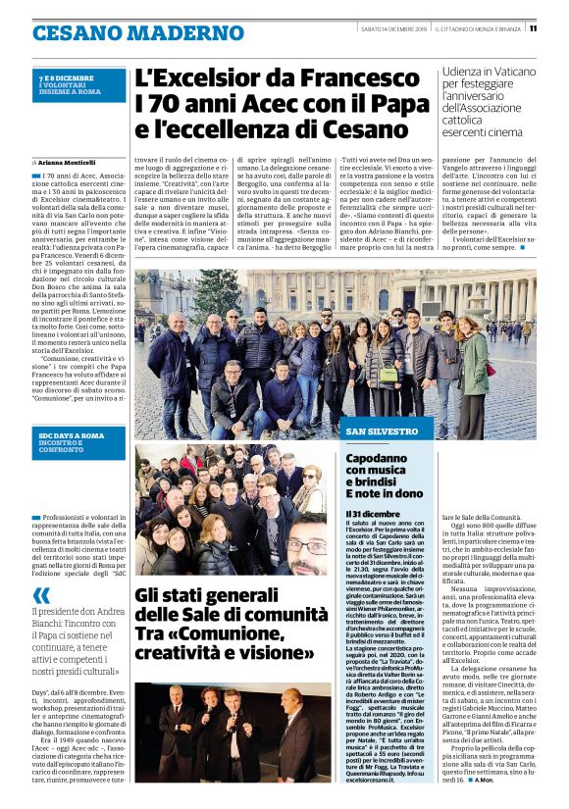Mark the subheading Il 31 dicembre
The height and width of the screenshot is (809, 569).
coord(372,514)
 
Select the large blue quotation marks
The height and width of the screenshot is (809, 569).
coord(40,596)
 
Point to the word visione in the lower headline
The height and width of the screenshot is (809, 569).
coord(288,651)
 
